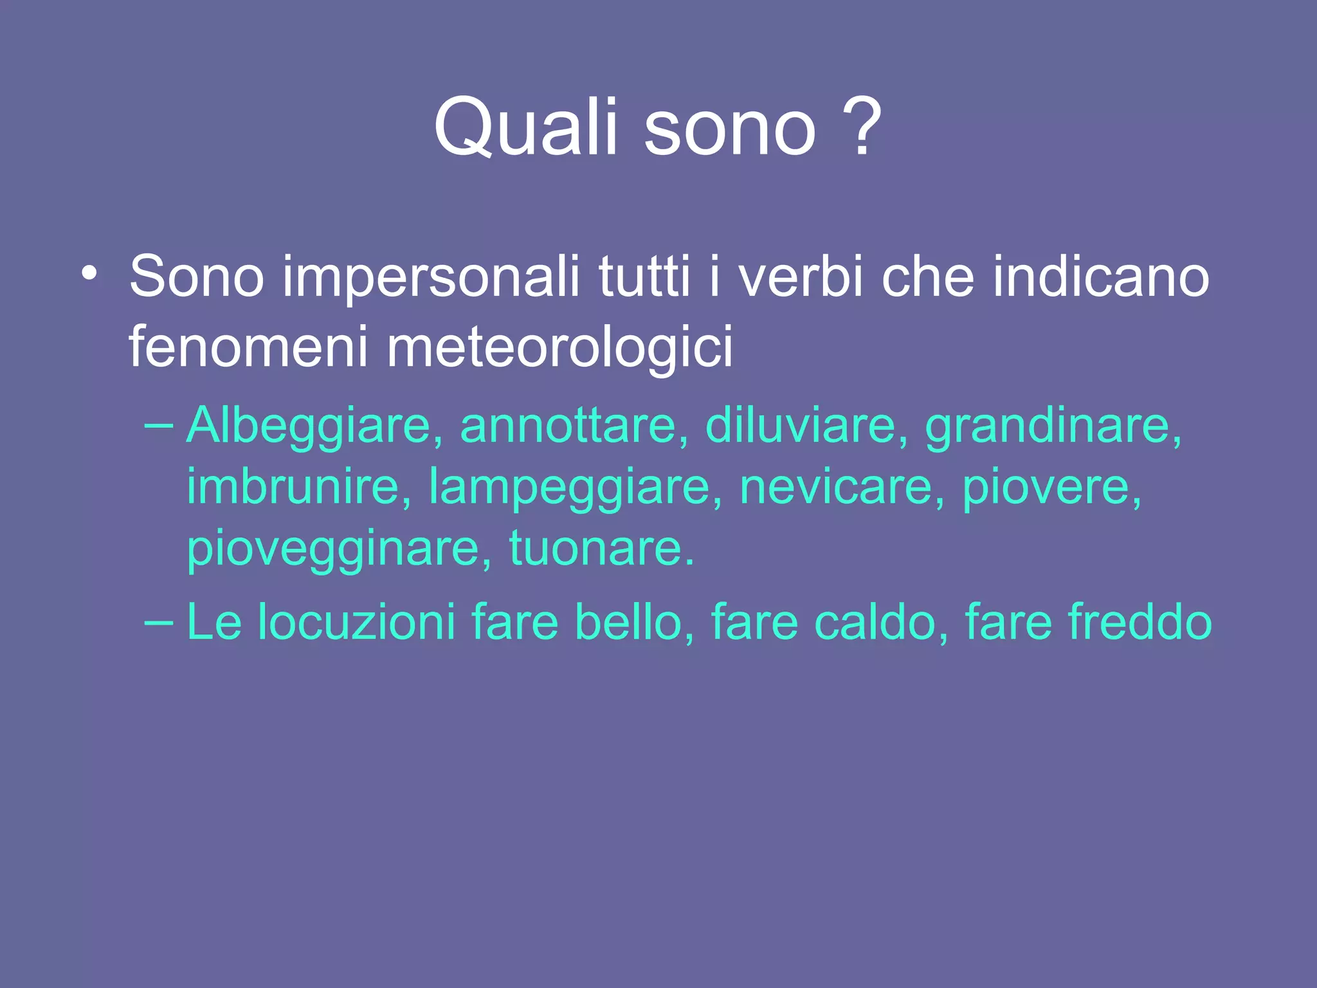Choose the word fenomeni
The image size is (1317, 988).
[x=248, y=347]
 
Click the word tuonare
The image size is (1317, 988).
[x=601, y=549]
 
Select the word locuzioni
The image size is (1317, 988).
[x=357, y=623]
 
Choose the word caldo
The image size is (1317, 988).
[x=881, y=623]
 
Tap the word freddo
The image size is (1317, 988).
[x=1140, y=623]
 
